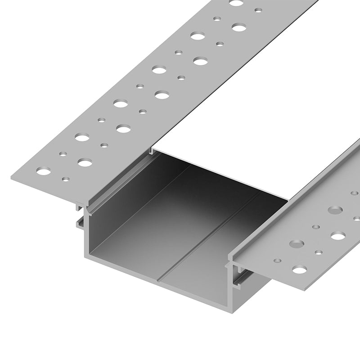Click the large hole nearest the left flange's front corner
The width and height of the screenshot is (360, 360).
pos(44,171)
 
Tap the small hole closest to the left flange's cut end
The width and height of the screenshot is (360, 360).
pos(66,179)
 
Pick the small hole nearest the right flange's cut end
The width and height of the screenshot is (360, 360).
pos(279,260)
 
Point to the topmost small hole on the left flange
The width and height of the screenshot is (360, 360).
pos(258,10)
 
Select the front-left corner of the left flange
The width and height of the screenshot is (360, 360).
pos(11,179)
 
